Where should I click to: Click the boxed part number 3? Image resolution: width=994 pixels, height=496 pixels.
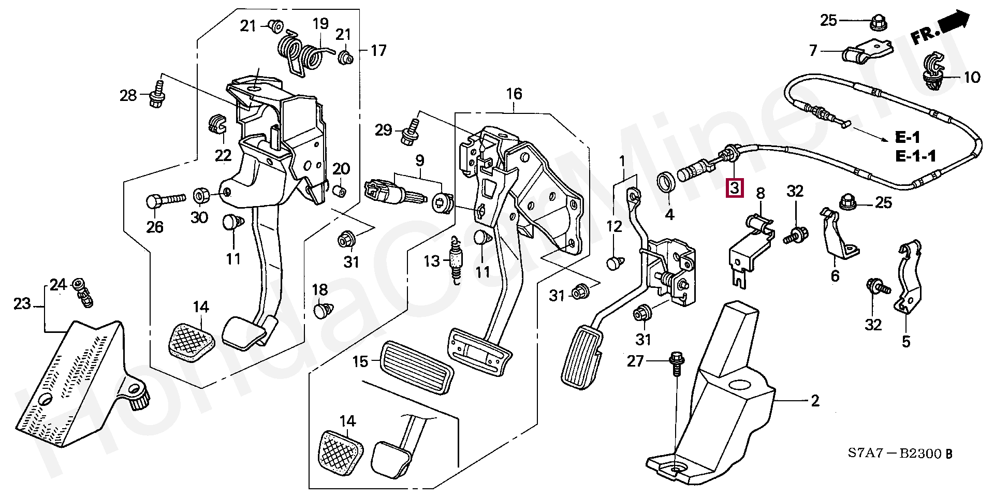tap(735, 188)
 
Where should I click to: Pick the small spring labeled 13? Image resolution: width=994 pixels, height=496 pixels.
tap(456, 260)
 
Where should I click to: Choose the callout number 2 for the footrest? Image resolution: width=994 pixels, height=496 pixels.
tap(815, 400)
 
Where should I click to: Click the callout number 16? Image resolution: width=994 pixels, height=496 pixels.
tap(514, 94)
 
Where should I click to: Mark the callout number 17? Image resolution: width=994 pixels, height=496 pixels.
tap(379, 50)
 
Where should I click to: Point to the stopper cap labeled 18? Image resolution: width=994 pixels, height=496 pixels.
tap(323, 311)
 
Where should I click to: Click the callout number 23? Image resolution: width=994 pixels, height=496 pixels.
tap(22, 303)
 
